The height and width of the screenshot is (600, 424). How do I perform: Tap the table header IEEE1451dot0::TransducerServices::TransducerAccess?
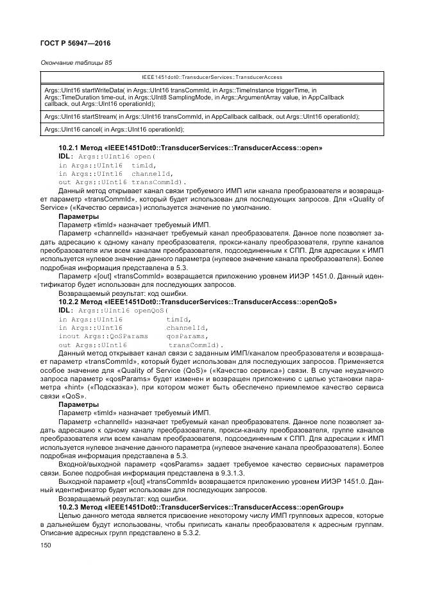tap(212, 77)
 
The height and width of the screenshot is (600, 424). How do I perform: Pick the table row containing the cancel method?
tap(212, 130)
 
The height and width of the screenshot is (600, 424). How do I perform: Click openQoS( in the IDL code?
tap(151, 310)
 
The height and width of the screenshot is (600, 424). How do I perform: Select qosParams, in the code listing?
tap(187, 336)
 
